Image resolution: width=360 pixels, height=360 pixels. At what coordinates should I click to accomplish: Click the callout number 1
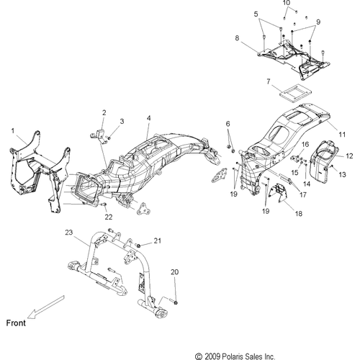[13, 131]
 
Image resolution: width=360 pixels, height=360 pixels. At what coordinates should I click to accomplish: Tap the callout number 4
[149, 118]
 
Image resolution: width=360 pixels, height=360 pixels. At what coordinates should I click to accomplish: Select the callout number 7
[269, 81]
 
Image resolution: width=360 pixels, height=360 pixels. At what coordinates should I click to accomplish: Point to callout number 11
[342, 135]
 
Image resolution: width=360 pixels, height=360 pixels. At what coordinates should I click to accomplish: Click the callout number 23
[69, 233]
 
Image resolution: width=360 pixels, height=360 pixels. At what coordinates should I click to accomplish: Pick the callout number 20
[175, 272]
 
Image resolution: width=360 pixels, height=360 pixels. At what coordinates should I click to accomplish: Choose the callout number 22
[109, 217]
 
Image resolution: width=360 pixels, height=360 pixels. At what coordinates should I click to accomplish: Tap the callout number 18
[299, 213]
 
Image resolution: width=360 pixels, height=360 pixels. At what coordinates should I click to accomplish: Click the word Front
[16, 323]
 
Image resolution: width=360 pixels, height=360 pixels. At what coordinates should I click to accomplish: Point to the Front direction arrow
[45, 307]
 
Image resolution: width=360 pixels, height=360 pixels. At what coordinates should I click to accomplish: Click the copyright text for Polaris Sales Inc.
[235, 356]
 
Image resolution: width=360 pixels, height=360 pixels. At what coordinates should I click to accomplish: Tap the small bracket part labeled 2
[100, 136]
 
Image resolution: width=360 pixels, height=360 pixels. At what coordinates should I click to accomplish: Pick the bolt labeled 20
[174, 302]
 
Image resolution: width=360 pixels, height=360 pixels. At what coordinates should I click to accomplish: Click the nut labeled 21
[138, 246]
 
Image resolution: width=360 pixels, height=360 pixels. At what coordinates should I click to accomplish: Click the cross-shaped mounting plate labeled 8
[294, 60]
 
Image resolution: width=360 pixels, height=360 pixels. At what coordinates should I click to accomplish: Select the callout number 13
[342, 174]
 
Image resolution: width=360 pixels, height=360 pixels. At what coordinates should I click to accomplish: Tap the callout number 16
[305, 144]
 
